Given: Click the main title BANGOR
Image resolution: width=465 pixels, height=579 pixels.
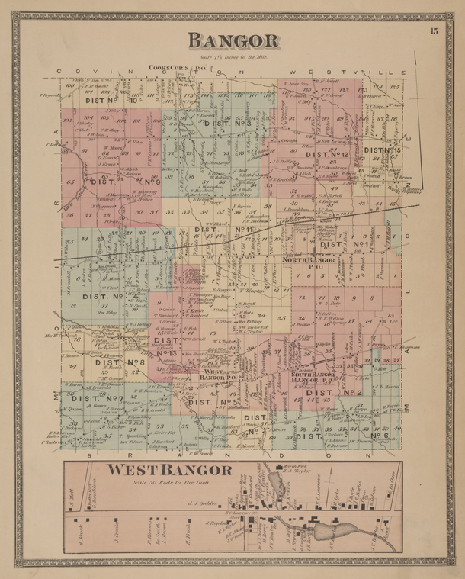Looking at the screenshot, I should (x=233, y=40).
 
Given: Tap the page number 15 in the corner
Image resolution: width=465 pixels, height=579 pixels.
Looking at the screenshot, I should (x=434, y=31).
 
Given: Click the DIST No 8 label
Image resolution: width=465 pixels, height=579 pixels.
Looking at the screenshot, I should (x=119, y=362).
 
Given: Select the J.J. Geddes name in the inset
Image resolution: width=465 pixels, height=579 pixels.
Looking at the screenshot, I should (x=202, y=504).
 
